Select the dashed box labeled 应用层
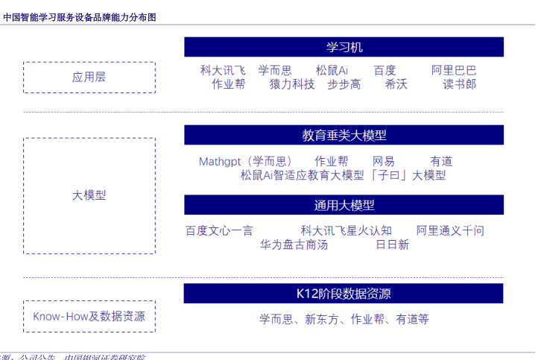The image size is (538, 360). (x=89, y=77)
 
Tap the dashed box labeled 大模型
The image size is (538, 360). (x=89, y=195)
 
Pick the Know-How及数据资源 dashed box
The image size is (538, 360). (x=89, y=316)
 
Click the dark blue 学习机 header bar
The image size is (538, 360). (x=344, y=47)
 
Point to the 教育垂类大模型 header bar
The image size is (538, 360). (x=344, y=135)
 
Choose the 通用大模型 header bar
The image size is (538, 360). (x=344, y=205)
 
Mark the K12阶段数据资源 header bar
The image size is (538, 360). (x=344, y=293)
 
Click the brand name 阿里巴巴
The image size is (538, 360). (x=454, y=70)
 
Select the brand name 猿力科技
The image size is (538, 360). (x=292, y=84)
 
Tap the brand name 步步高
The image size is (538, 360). (x=344, y=84)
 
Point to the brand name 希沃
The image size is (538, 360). (x=396, y=84)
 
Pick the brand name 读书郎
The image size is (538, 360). (x=460, y=84)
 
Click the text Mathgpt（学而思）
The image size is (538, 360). (x=245, y=161)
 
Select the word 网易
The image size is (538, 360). (x=384, y=161)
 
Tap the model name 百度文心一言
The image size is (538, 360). (x=219, y=230)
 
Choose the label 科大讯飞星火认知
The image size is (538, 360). (x=346, y=230)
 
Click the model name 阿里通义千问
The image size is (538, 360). (x=450, y=230)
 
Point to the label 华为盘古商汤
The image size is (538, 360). (x=294, y=244)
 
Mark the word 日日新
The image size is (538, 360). (x=392, y=244)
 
